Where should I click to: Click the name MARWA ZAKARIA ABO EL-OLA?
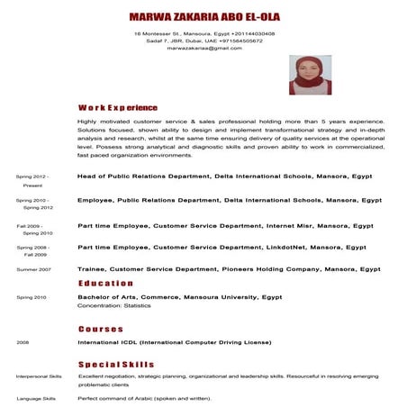[x=204, y=17]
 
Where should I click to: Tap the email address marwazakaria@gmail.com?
[x=204, y=48]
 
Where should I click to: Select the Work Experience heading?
[x=117, y=107]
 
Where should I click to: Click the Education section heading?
[x=105, y=283]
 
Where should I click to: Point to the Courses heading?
[x=100, y=329]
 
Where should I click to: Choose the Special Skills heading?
[x=116, y=363]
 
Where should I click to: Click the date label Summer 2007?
[x=33, y=269]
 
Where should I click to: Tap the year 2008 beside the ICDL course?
[x=23, y=343]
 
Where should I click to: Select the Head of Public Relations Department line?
[x=224, y=176]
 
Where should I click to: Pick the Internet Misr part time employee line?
[x=225, y=225]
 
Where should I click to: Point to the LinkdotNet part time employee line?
[x=222, y=247]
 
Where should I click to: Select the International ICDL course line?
[x=174, y=343]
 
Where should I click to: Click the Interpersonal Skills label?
[x=39, y=375]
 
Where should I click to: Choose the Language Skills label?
[x=36, y=398]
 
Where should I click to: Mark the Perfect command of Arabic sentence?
[x=144, y=398]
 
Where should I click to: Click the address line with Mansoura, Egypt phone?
[x=204, y=33]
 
